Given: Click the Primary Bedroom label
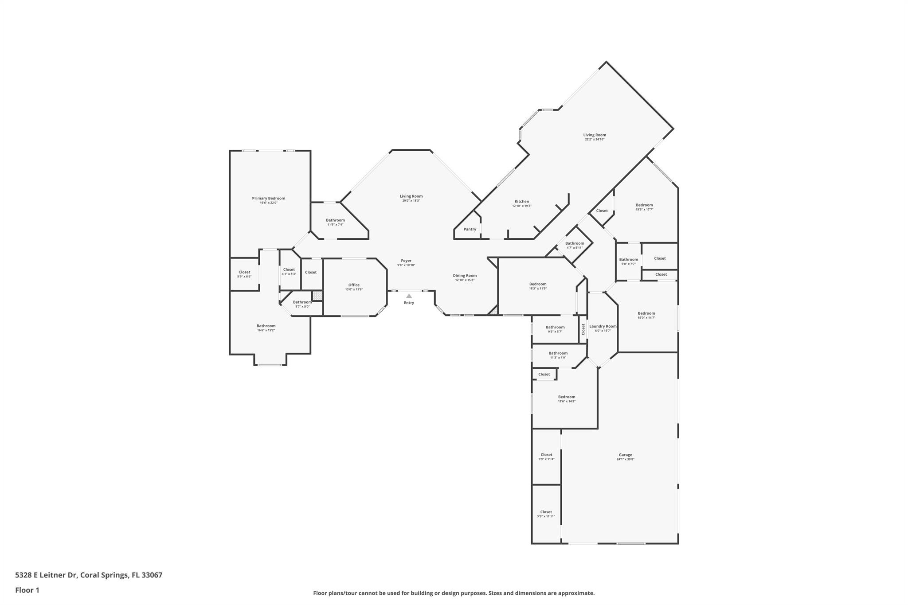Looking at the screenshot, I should (x=268, y=198).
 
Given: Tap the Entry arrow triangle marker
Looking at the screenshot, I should (x=409, y=296).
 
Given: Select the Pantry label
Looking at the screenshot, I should (x=470, y=229).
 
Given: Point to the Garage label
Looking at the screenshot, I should (x=625, y=455).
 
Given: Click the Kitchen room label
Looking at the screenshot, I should (x=521, y=201).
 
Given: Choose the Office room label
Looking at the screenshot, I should (x=354, y=285).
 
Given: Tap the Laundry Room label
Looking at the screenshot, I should (x=603, y=326).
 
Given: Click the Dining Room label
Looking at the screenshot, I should (x=465, y=275).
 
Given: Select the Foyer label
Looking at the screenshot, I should (x=406, y=261).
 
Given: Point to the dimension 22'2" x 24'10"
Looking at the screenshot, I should (x=594, y=140).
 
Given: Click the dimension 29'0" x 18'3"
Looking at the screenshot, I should (x=411, y=201).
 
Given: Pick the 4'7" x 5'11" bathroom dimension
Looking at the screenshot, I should (x=575, y=248).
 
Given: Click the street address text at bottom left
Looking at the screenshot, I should (x=89, y=575).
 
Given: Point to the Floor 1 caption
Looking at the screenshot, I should (x=27, y=590).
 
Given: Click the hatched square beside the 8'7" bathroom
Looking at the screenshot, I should (x=317, y=296).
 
